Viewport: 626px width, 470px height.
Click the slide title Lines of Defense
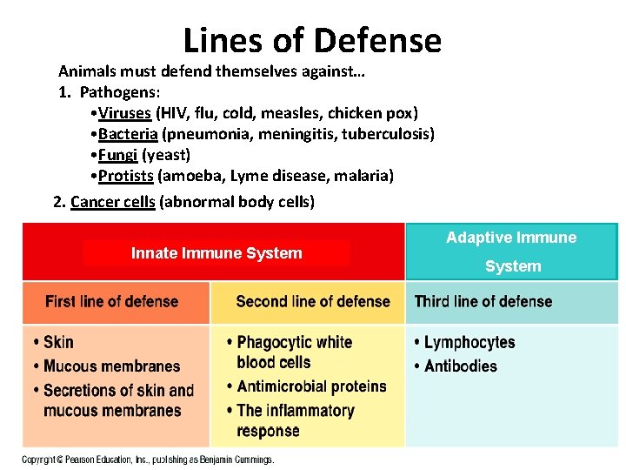(x=312, y=40)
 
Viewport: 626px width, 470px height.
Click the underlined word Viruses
(x=125, y=113)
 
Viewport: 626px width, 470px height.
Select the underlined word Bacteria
(x=128, y=134)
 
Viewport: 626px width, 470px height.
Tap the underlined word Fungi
(x=118, y=155)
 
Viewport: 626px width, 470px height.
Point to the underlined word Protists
(x=126, y=176)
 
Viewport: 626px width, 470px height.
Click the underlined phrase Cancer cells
(x=113, y=202)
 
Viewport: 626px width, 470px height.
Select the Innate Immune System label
(x=216, y=253)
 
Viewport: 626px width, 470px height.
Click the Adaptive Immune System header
(x=511, y=252)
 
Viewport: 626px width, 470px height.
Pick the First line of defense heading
(x=111, y=302)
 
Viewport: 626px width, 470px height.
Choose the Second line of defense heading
(x=313, y=302)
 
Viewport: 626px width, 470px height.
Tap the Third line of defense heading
(x=483, y=302)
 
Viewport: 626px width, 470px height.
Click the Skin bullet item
(x=58, y=342)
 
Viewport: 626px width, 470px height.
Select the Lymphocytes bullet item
(x=469, y=342)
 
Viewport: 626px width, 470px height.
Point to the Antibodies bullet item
(x=461, y=366)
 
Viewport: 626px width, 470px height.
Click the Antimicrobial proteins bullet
(x=311, y=386)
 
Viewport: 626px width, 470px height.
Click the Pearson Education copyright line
(x=148, y=459)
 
